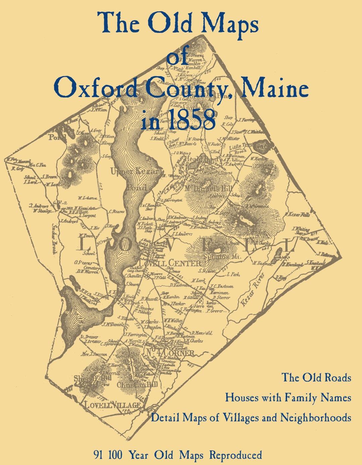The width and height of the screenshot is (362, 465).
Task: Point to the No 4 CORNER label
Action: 170,353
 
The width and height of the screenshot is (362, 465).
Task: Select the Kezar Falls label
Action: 299,214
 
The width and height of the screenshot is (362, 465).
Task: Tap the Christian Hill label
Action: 137,385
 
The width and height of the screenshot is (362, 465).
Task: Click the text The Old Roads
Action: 316,377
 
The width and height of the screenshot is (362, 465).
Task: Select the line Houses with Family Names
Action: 288,398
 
